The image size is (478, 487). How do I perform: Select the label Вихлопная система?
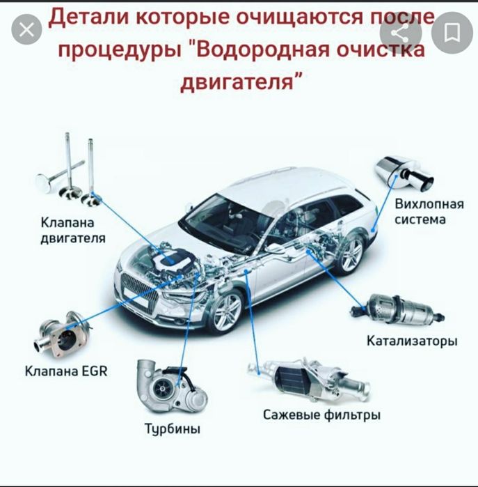[x=420, y=212]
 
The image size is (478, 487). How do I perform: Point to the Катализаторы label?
[x=412, y=341]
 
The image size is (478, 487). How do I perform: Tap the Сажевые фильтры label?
[x=321, y=415]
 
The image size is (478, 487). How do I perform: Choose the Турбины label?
[x=172, y=429]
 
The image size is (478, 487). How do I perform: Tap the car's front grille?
[x=140, y=286]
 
